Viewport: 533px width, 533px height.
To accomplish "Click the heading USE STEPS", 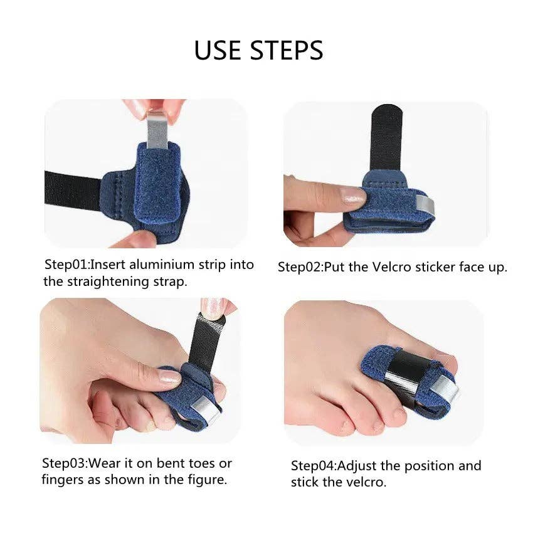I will click(258, 50).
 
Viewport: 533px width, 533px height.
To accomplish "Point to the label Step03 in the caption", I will click(64, 464).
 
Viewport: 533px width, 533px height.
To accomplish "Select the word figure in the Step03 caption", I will click(208, 480).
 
